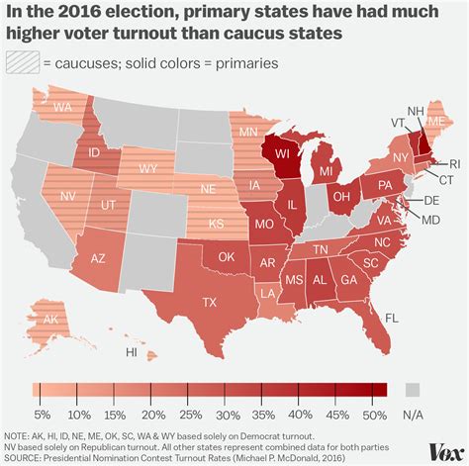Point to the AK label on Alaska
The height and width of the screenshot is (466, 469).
click(47, 321)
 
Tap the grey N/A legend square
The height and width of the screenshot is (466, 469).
click(413, 389)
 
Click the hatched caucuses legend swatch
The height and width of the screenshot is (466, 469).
click(21, 62)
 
